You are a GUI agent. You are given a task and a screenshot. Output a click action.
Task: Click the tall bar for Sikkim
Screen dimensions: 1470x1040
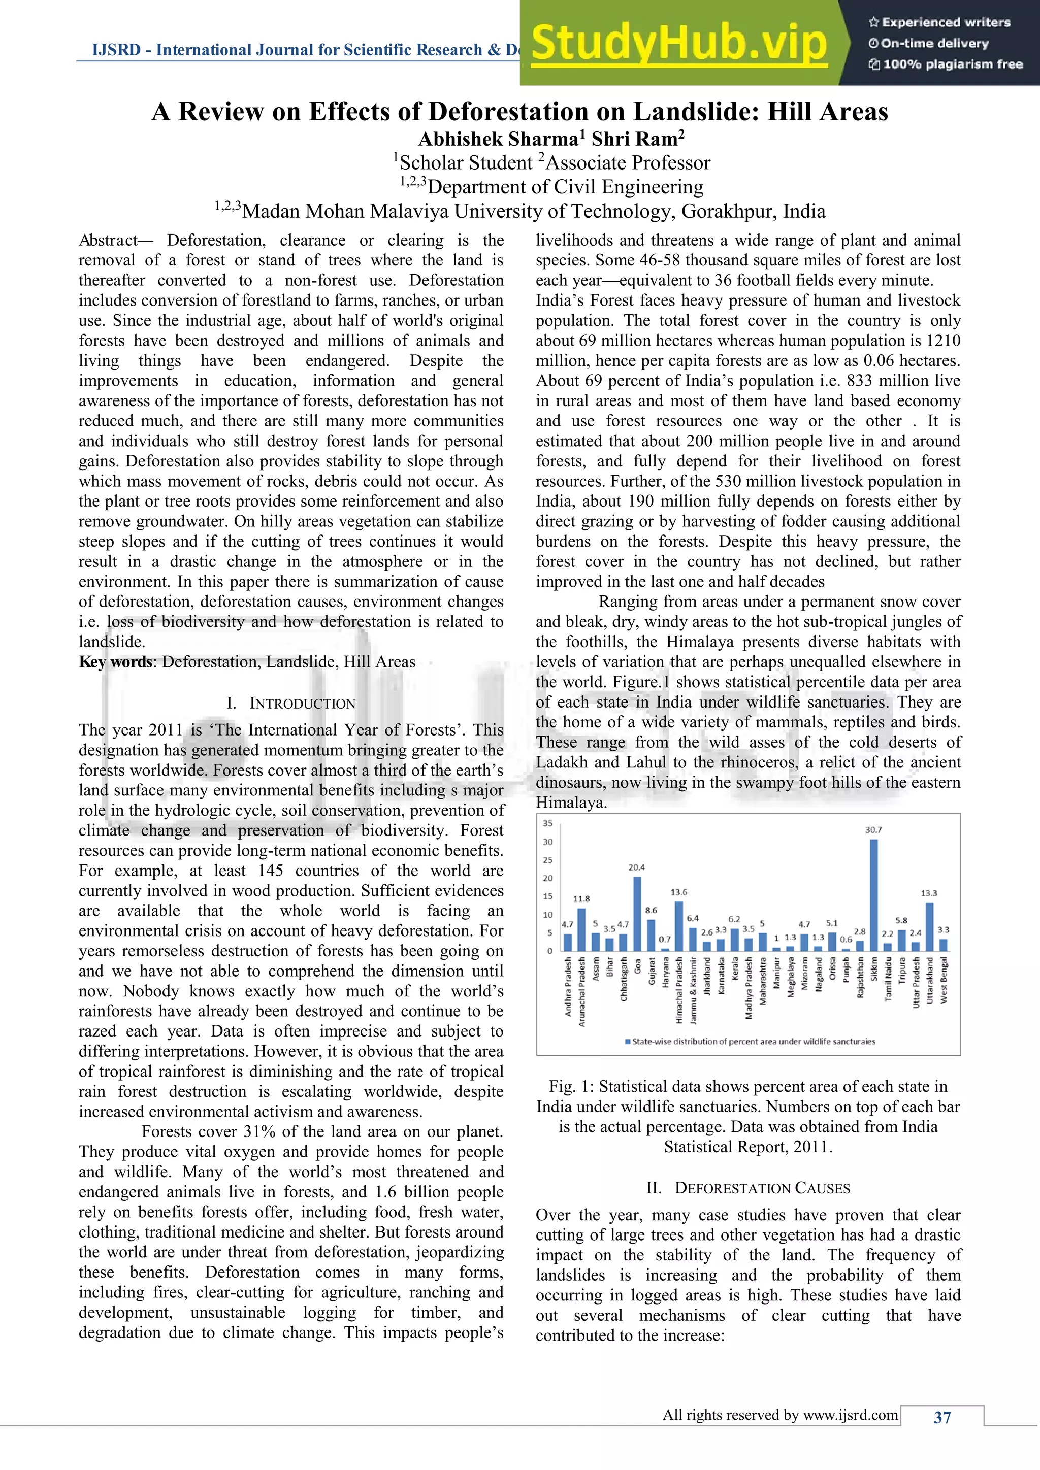pos(873,895)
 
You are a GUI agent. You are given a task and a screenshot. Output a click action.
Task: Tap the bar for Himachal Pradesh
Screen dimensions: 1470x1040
pos(679,926)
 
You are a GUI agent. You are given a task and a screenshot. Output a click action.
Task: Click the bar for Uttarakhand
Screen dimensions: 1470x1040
pos(929,926)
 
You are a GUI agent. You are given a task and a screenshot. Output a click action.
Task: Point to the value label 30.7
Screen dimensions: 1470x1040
pos(873,830)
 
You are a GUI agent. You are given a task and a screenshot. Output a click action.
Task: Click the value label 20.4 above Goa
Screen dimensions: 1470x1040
pos(637,867)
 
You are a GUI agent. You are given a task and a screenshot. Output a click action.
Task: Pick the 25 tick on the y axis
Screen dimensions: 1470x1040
pos(547,860)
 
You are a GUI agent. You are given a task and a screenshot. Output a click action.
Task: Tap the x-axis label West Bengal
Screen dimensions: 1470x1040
pos(944,980)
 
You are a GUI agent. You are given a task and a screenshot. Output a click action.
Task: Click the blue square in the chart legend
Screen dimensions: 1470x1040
pos(628,1042)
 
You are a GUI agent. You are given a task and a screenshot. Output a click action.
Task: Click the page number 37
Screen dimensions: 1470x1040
pos(942,1418)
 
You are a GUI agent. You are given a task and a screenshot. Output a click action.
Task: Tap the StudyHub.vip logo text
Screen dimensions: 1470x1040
pos(679,44)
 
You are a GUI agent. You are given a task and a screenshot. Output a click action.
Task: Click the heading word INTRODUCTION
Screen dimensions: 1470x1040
pos(302,704)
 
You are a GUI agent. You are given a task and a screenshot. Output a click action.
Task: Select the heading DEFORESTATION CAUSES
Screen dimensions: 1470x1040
pos(762,1188)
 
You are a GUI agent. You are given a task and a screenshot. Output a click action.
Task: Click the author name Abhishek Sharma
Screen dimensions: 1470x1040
pos(498,139)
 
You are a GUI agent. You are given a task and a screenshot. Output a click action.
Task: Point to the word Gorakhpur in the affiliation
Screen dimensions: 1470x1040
pos(729,211)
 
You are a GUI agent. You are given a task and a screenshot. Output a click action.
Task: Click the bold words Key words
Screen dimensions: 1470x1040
pos(115,662)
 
